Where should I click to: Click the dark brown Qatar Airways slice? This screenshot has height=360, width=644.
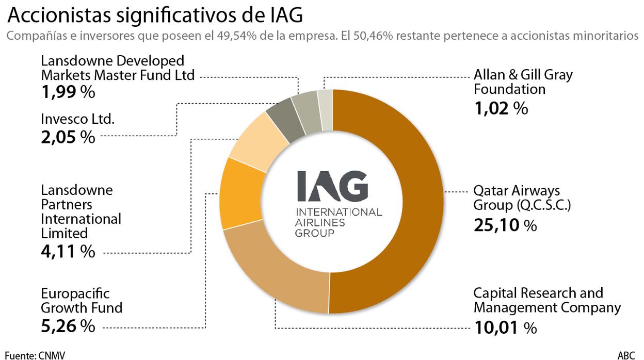click(x=408, y=201)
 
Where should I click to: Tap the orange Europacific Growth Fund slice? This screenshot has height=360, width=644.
click(x=238, y=193)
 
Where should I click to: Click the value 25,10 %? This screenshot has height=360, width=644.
click(x=505, y=225)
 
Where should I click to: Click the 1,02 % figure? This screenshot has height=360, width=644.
click(x=501, y=109)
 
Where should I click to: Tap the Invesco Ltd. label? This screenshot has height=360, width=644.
click(x=77, y=119)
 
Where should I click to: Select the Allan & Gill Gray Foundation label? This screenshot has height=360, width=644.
click(x=523, y=81)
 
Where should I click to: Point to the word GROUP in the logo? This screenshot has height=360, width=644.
click(x=314, y=233)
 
